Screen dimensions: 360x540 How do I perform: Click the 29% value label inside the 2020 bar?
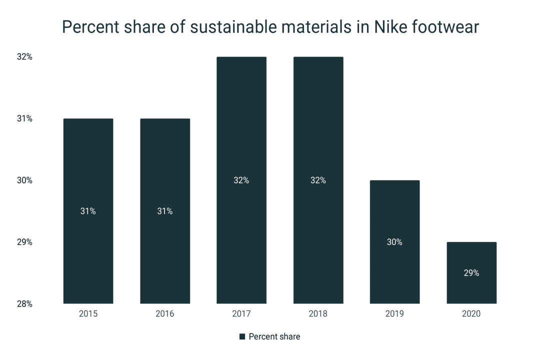pos(471,273)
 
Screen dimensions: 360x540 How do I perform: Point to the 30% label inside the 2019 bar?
pos(394,242)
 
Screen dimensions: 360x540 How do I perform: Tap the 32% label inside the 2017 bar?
pos(241,180)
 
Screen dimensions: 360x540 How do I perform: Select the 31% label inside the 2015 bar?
pos(88,211)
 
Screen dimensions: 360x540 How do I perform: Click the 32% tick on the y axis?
pos(24,57)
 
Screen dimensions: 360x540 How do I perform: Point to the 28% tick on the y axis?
pos(24,303)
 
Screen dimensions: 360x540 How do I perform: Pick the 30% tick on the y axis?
pos(24,180)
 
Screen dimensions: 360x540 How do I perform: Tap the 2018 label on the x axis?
pos(318,314)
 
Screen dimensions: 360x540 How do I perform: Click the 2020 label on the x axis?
pos(471,314)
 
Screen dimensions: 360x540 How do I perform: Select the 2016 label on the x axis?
pos(165,314)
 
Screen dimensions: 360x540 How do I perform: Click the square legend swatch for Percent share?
pos(242,337)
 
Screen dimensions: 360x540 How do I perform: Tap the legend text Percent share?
pos(274,337)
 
